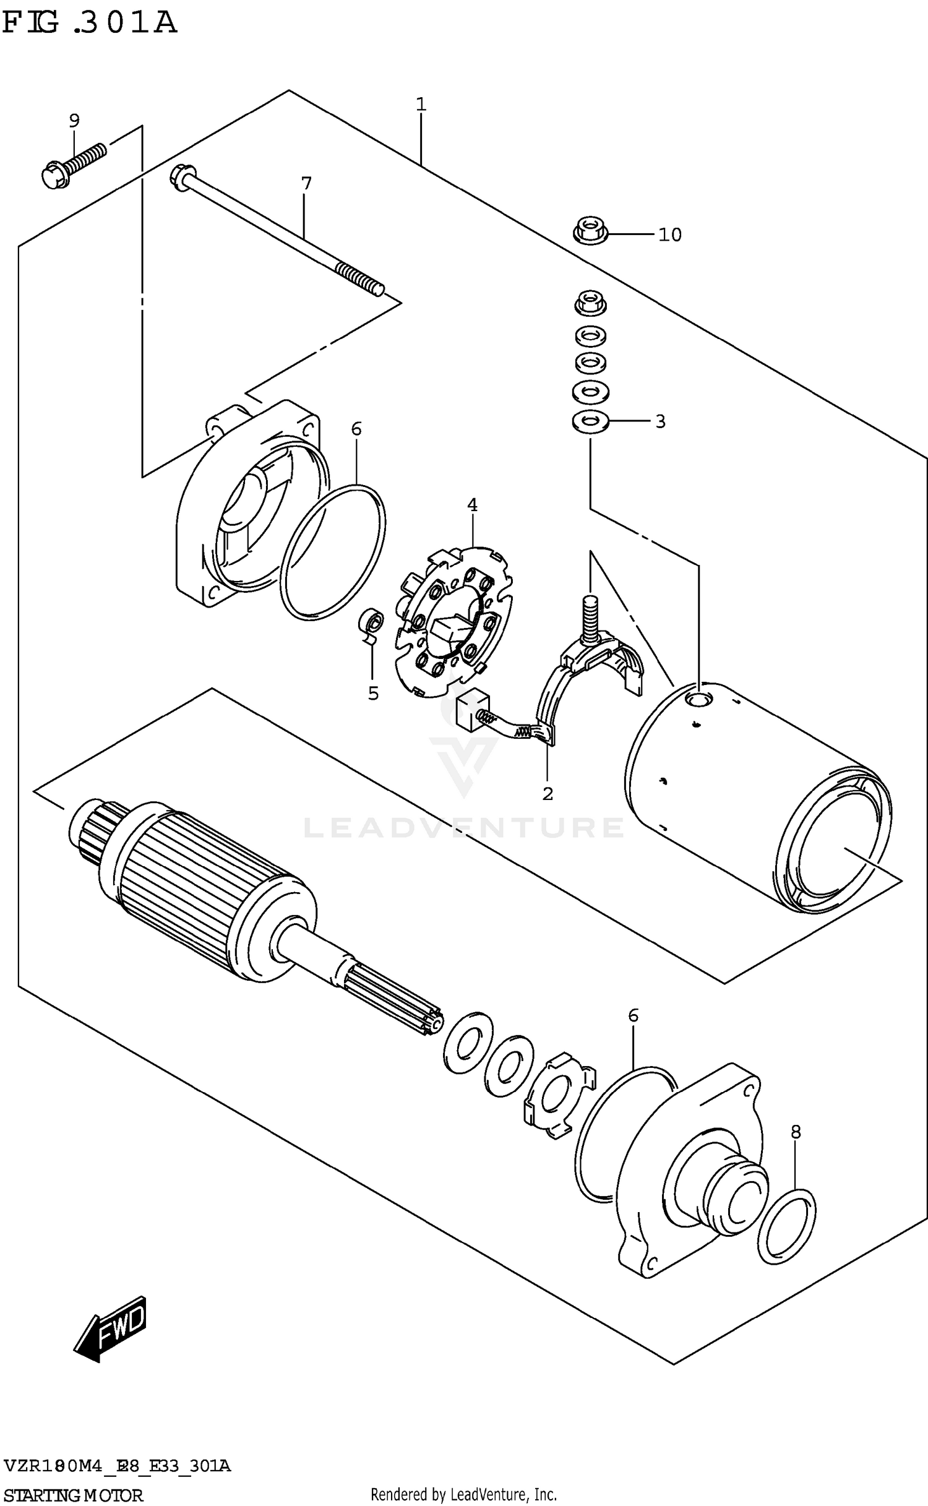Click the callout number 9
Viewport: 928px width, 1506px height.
click(x=74, y=120)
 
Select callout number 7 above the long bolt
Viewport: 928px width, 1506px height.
click(x=306, y=183)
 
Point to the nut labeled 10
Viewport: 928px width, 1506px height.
click(x=590, y=232)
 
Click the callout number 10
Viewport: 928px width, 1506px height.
click(x=669, y=235)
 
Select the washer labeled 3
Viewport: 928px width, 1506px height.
click(x=590, y=422)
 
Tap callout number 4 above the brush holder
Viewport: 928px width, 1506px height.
click(x=472, y=505)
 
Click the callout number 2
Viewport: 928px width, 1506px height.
click(x=548, y=793)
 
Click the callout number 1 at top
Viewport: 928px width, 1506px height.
click(x=421, y=104)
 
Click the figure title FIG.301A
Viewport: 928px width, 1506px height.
click(x=90, y=23)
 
